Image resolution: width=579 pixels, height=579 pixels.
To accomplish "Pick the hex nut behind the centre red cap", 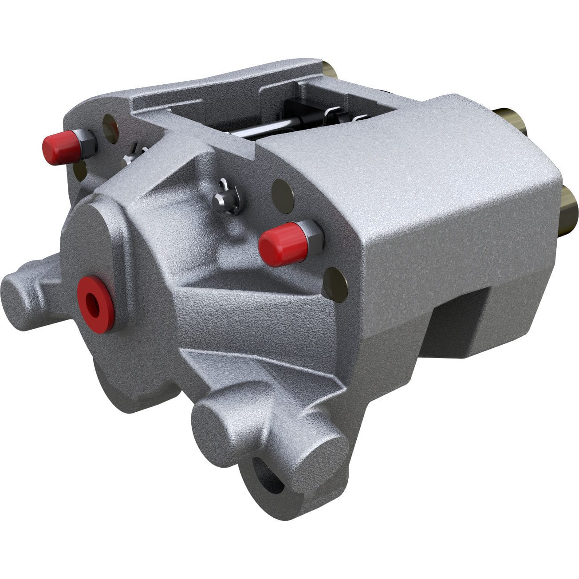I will pyautogui.click(x=312, y=236).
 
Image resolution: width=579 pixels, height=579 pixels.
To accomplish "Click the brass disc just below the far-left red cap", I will pyautogui.click(x=80, y=170).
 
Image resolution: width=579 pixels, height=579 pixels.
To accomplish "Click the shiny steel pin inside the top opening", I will pyautogui.click(x=275, y=129).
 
